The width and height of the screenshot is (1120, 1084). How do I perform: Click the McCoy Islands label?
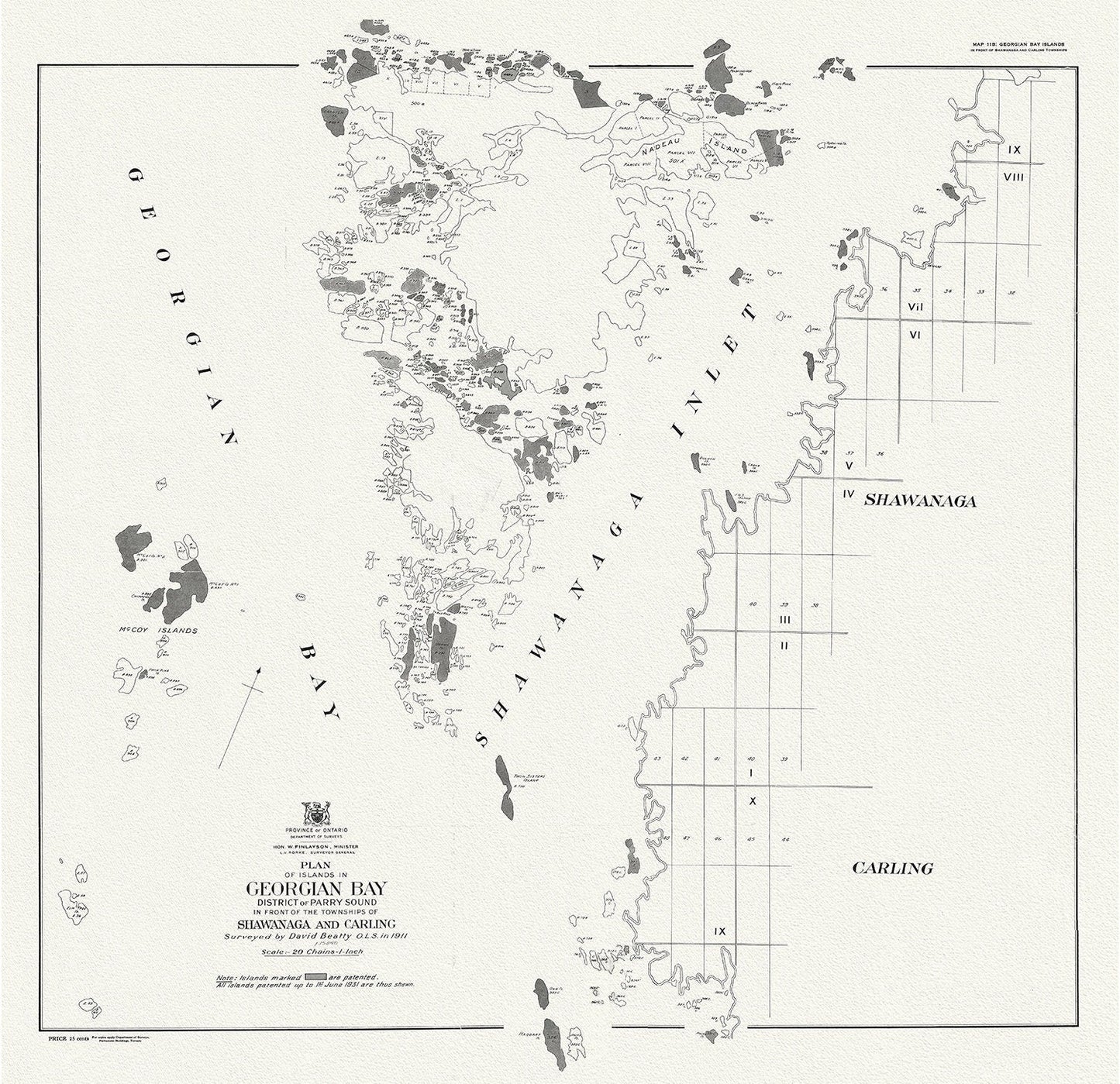pos(163,631)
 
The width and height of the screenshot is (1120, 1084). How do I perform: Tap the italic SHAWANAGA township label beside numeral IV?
pos(920,501)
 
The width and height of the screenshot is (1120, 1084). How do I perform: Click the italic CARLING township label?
pos(892,869)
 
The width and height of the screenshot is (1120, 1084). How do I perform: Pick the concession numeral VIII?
pos(1015,177)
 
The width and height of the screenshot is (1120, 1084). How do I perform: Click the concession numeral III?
pos(785,620)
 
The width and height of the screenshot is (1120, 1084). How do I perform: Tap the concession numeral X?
pos(752,801)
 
